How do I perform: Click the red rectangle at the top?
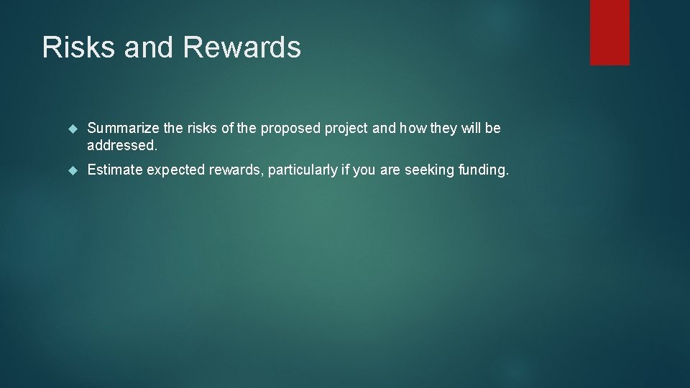[x=609, y=32]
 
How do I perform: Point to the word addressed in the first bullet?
[x=121, y=146]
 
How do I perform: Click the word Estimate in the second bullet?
[x=115, y=170]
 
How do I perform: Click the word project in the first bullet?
[x=347, y=129]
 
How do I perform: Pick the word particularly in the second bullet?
[x=303, y=170]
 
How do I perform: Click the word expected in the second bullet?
[x=175, y=170]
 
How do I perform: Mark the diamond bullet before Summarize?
[x=72, y=129]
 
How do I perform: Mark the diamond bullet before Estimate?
[x=72, y=170]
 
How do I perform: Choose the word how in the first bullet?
[x=414, y=129]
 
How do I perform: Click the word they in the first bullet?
[x=444, y=129]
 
